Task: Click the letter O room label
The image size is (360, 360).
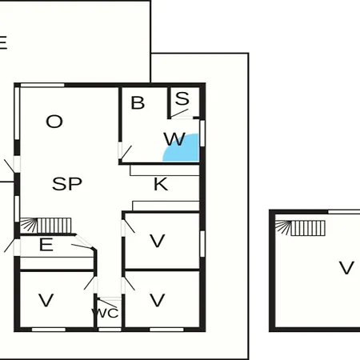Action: [54, 122]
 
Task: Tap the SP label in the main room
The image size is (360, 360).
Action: [67, 184]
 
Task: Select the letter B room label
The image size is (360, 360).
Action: [138, 103]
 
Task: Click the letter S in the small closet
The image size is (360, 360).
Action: [182, 98]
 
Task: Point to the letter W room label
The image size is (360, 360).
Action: [174, 139]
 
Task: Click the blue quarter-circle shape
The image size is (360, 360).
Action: [184, 150]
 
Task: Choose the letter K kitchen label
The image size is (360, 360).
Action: [161, 184]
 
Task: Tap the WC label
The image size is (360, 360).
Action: [105, 314]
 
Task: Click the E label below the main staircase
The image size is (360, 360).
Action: [46, 245]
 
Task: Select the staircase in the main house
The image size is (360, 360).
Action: [46, 226]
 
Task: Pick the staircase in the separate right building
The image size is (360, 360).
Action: [300, 228]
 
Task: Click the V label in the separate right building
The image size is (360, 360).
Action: [346, 268]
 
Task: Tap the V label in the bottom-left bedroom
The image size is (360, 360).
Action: [46, 300]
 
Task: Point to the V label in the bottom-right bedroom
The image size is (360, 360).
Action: [158, 300]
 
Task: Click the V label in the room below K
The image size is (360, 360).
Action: [158, 241]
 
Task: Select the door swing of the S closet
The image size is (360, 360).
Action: [179, 114]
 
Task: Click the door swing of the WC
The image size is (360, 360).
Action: [107, 303]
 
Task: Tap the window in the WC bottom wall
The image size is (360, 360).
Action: [110, 330]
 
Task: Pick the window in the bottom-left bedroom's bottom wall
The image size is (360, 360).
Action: [49, 330]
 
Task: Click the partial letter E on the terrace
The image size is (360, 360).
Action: [2, 42]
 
